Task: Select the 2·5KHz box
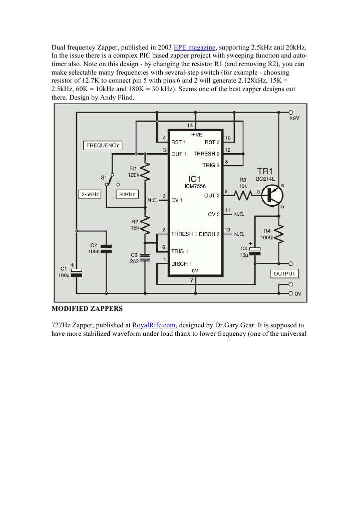point(89,193)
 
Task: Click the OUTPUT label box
point(284,273)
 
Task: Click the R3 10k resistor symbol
point(243,195)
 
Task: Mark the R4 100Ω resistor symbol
point(279,234)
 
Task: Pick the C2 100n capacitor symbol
point(106,249)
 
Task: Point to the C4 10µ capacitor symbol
point(255,251)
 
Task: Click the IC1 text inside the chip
point(195,179)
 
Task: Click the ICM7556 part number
point(195,186)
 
